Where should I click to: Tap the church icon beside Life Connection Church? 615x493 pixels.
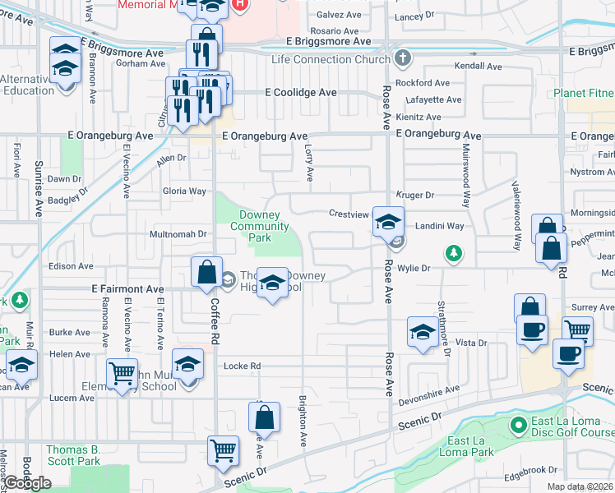[x=401, y=58]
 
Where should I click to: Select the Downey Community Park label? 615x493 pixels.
[x=264, y=226]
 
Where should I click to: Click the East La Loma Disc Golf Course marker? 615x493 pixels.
[x=518, y=425]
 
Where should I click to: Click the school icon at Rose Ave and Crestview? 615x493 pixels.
[x=389, y=221]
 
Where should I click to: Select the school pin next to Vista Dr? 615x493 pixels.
[x=423, y=332]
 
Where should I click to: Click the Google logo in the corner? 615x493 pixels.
[x=28, y=483]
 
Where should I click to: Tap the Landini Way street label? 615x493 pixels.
[x=439, y=226]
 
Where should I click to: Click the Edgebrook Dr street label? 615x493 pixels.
[x=531, y=470]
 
